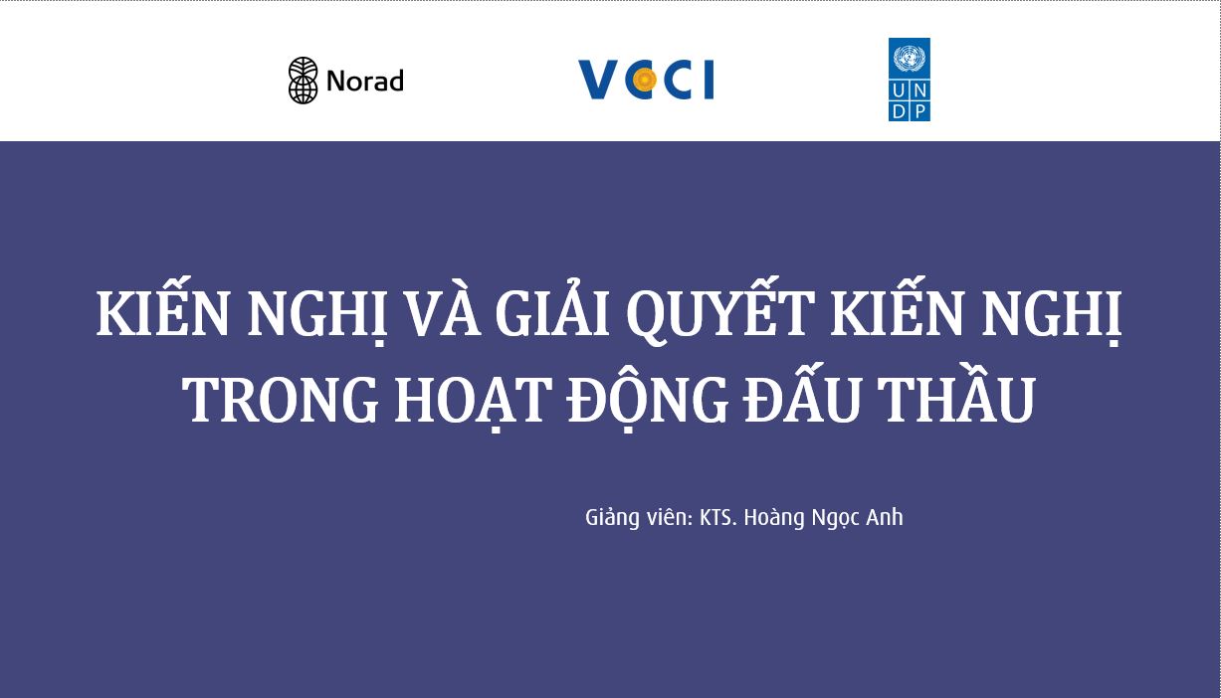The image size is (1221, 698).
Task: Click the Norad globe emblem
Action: point(304,80)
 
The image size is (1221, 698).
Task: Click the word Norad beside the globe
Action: point(364,81)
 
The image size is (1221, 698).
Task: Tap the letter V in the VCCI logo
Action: point(599,80)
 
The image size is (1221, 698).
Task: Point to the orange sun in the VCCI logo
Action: point(646,80)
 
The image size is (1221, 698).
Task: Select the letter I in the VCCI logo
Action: point(709,80)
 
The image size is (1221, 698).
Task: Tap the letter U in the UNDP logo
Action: point(899,89)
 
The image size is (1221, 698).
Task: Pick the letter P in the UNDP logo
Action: point(920,111)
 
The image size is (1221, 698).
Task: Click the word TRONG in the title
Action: point(280,399)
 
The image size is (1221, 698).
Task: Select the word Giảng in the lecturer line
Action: point(612,517)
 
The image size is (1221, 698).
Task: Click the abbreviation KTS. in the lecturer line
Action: point(717,517)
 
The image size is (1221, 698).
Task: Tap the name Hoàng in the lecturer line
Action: point(774,517)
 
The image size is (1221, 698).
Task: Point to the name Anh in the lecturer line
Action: point(885,517)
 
